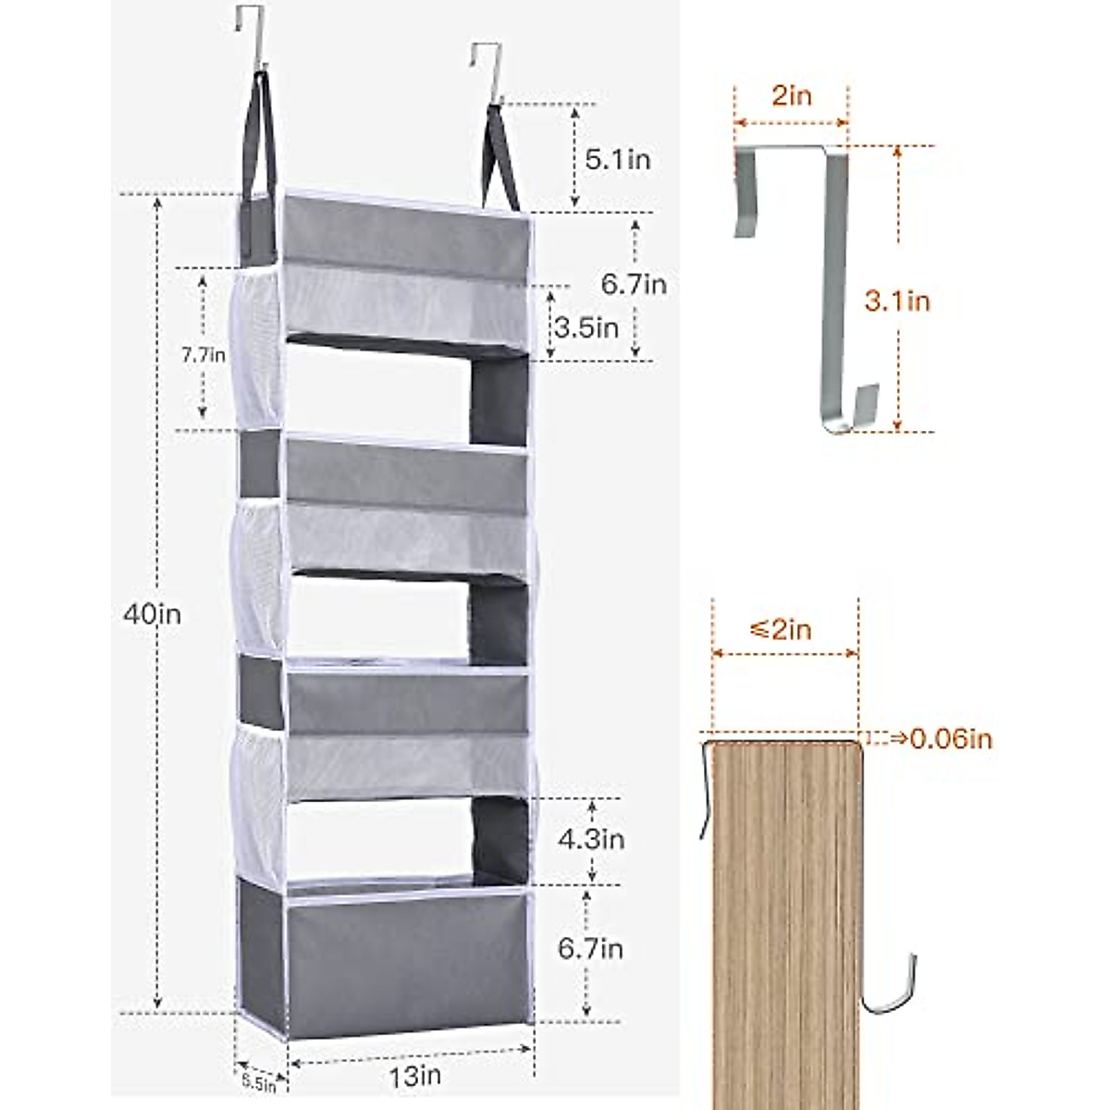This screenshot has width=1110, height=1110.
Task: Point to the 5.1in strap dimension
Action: click(617, 159)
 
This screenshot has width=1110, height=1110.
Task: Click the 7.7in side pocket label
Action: click(203, 353)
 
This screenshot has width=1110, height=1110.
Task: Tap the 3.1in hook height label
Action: click(897, 301)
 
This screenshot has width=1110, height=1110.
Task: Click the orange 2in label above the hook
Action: click(791, 96)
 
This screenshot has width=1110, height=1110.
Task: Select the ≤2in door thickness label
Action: click(781, 630)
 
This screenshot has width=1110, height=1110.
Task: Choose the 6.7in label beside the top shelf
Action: click(634, 284)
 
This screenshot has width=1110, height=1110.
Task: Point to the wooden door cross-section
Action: click(786, 916)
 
